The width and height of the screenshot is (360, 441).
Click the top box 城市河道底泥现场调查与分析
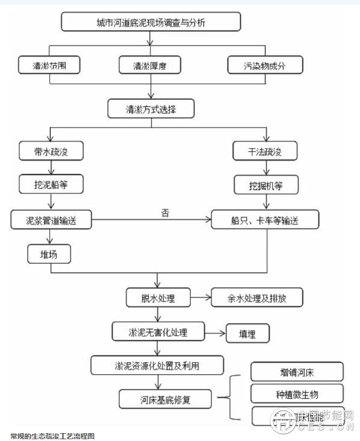151,23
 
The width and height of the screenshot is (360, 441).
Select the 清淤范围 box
49,65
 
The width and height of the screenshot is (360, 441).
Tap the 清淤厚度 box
151,65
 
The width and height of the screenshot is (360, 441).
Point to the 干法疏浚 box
265,151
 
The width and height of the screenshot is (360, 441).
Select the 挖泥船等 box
51,185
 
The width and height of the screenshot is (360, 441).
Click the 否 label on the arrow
165,212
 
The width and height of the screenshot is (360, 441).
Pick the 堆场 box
49,254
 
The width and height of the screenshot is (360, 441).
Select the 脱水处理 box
158,298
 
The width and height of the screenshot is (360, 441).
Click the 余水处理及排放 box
256,298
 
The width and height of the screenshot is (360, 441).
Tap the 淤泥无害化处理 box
158,331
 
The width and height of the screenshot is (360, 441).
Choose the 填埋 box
247,333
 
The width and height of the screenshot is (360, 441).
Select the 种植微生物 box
296,393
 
